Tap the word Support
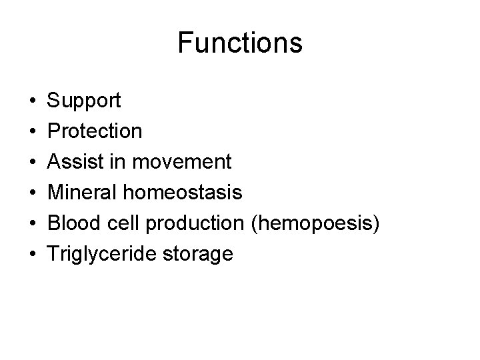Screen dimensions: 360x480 click(84, 101)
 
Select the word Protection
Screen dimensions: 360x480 click(95, 131)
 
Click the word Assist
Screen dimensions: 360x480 click(73, 162)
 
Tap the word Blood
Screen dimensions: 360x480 click(73, 223)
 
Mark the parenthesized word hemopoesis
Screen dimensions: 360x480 click(316, 223)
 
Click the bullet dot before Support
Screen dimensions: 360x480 click(33, 102)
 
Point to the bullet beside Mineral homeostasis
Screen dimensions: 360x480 click(33, 193)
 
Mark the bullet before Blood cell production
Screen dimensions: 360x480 click(33, 224)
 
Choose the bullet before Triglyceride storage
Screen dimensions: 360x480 click(33, 255)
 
